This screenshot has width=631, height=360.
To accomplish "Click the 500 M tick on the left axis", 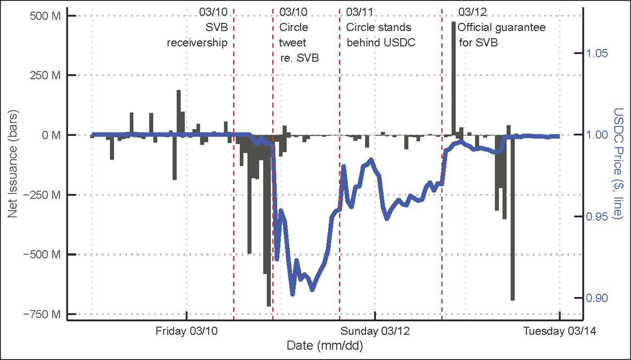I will (45, 16).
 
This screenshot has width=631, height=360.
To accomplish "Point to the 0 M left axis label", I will (50, 135).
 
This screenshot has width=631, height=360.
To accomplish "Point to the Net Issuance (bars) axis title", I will (13, 165).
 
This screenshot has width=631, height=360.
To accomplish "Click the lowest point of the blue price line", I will (293, 294).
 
